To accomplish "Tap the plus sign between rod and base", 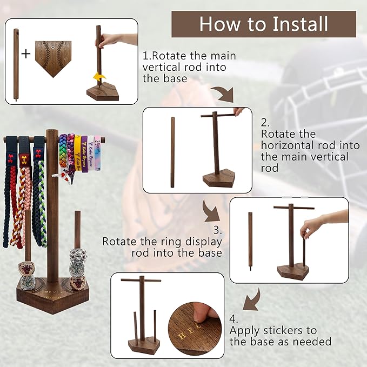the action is pyautogui.click(x=26, y=54).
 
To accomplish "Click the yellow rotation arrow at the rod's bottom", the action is pyautogui.click(x=99, y=77).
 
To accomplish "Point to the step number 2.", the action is pyautogui.click(x=265, y=123).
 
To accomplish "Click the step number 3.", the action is pyautogui.click(x=218, y=230).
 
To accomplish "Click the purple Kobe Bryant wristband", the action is pyautogui.click(x=84, y=154).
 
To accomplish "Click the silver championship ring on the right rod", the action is pyautogui.click(x=78, y=260).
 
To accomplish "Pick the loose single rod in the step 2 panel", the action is pyautogui.click(x=172, y=152).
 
